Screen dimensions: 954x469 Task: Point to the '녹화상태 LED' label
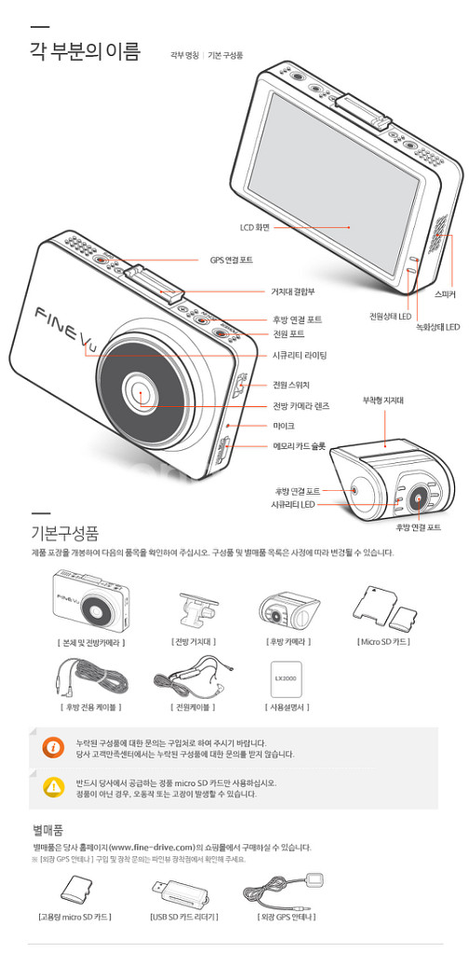pyautogui.click(x=437, y=327)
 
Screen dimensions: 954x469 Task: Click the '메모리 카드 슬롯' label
pyautogui.click(x=299, y=446)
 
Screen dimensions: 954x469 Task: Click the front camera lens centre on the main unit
pyautogui.click(x=141, y=392)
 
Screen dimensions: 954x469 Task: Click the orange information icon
pyautogui.click(x=53, y=745)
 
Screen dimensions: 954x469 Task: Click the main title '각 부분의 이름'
pyautogui.click(x=85, y=51)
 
